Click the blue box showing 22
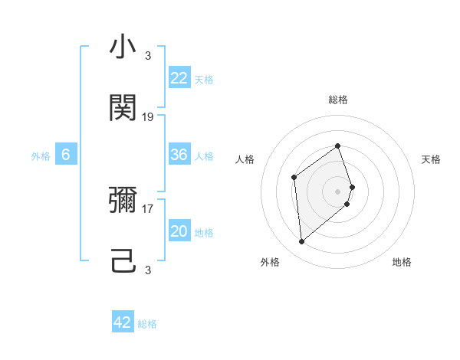(x=179, y=77)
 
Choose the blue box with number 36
(x=179, y=155)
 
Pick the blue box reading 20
(x=179, y=231)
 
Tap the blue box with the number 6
(x=66, y=155)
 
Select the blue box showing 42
(x=123, y=322)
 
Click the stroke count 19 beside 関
(x=148, y=117)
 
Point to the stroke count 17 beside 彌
(x=148, y=208)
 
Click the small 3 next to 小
(x=148, y=56)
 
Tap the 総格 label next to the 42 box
(x=148, y=324)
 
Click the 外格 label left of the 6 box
(x=41, y=155)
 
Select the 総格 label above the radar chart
(x=338, y=100)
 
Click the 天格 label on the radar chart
(x=431, y=159)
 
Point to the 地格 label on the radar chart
(x=402, y=262)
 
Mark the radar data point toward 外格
(x=302, y=242)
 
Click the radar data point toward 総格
(x=338, y=146)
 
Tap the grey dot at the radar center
(x=338, y=191)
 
